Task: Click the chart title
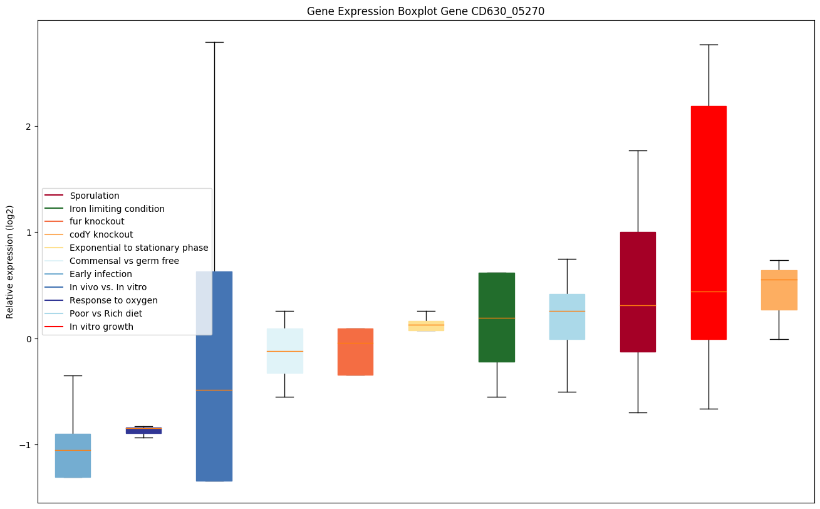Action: click(x=425, y=11)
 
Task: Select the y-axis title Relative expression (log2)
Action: click(x=9, y=261)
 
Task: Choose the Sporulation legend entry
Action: click(x=95, y=196)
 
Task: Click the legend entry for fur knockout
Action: click(x=97, y=221)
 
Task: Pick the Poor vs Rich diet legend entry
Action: click(x=106, y=313)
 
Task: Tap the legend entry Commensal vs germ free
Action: click(x=124, y=261)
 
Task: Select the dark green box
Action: click(x=497, y=317)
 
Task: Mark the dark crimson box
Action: click(x=638, y=291)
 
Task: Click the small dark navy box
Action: click(x=143, y=431)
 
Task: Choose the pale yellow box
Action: click(x=426, y=325)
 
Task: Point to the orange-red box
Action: click(x=355, y=352)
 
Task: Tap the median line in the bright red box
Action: click(x=708, y=291)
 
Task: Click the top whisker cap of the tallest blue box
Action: click(x=214, y=42)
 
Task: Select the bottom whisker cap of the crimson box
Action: click(x=638, y=412)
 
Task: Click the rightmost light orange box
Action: click(x=779, y=290)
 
